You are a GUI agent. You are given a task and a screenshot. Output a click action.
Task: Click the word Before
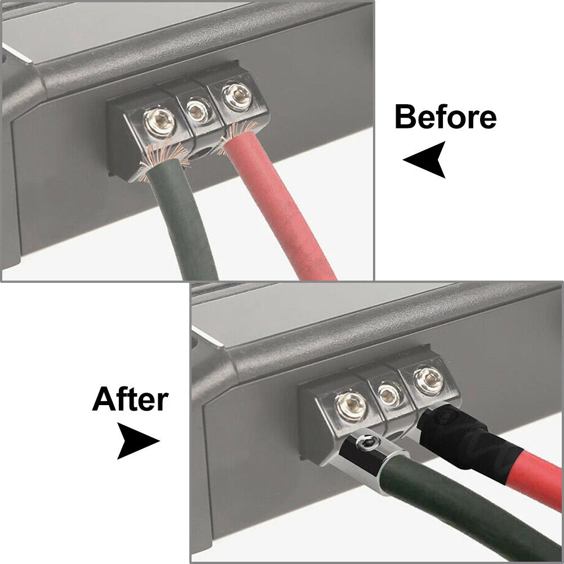click(446, 117)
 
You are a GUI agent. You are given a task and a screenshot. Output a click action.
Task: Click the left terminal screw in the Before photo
click(159, 123)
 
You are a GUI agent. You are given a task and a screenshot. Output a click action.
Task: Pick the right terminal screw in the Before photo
click(237, 96)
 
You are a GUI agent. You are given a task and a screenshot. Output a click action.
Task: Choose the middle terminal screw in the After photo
click(388, 394)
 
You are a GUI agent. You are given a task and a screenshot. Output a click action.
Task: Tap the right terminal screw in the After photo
click(428, 380)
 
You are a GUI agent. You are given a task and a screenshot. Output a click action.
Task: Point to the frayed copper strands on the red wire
click(237, 133)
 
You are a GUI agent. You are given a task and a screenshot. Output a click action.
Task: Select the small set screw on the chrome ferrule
click(367, 442)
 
